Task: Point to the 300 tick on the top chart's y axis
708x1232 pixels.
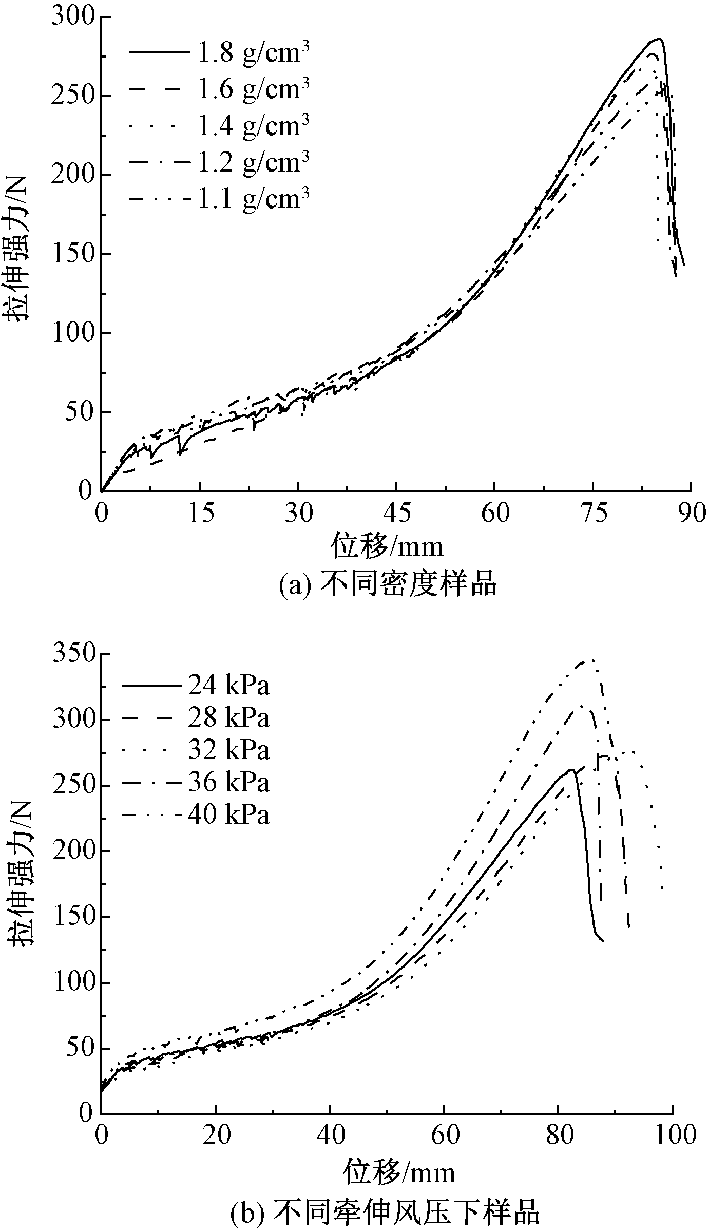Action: point(74,17)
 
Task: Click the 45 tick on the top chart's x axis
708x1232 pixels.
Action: point(397,513)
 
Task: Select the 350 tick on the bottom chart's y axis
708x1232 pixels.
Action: point(74,654)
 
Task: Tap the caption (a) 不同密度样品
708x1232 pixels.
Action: point(388,584)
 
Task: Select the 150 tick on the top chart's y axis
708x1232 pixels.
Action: point(74,254)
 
